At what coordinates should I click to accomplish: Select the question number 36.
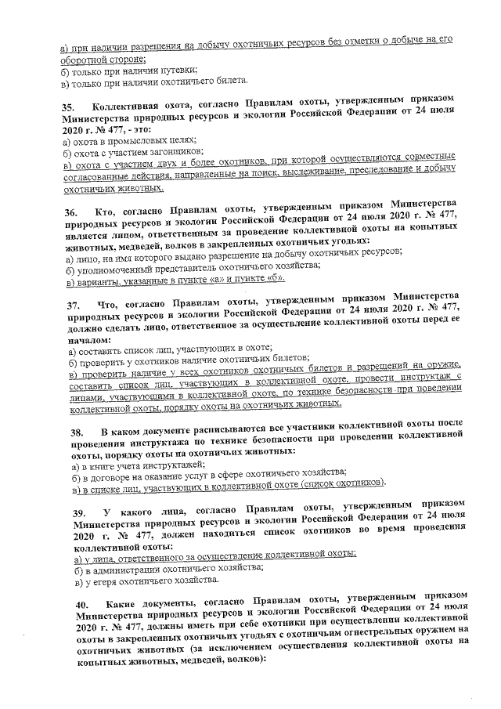pyautogui.click(x=70, y=212)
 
